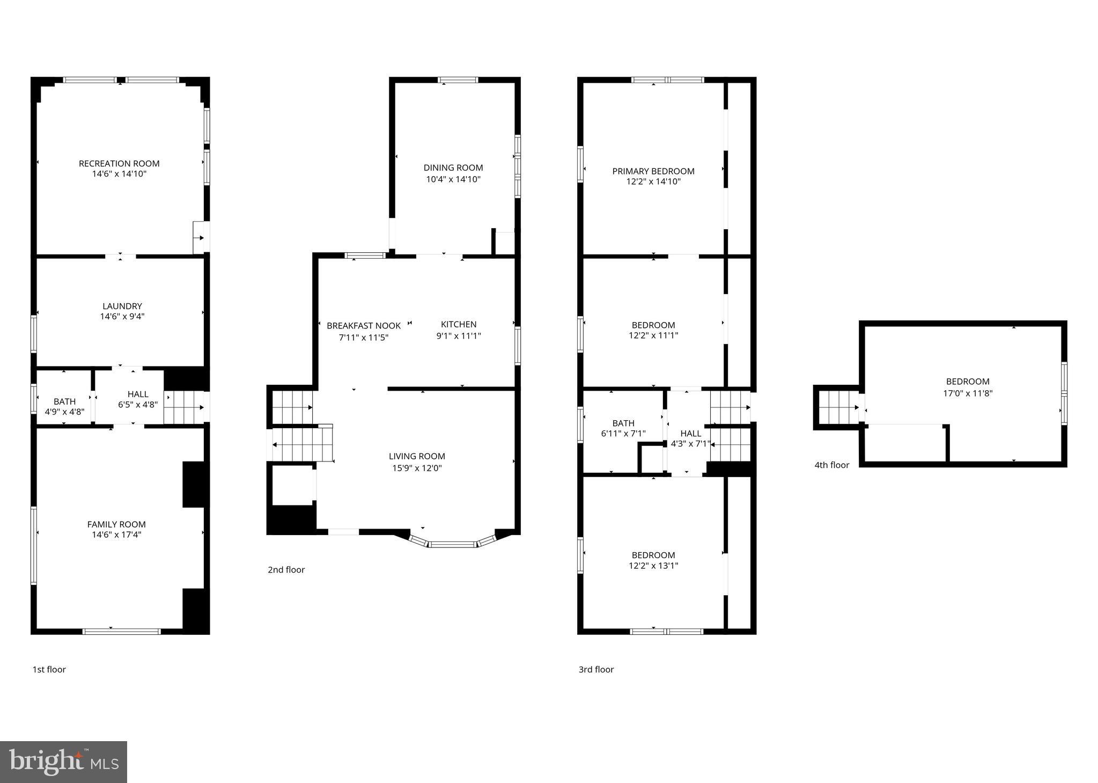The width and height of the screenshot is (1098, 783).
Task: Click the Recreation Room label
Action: point(119,164)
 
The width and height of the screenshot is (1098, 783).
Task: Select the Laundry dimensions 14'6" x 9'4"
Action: point(122,317)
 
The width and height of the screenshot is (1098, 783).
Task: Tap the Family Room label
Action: point(116,524)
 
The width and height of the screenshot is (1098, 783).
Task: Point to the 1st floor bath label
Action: point(64,401)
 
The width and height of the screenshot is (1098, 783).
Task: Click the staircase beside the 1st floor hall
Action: point(184,407)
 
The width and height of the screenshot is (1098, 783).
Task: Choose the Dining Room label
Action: point(453,168)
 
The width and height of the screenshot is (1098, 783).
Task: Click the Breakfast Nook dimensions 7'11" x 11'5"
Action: point(363,338)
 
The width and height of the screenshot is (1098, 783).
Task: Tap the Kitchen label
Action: point(459,324)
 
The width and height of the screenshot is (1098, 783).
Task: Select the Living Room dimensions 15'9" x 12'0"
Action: point(417,468)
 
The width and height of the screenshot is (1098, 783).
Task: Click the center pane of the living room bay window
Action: point(452,545)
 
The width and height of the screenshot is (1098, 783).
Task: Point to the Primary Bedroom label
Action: point(653,171)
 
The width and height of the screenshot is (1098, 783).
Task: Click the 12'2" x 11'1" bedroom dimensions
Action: point(653,335)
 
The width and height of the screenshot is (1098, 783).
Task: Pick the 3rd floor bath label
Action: point(623,423)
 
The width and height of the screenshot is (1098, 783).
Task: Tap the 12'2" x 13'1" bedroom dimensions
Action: point(653,566)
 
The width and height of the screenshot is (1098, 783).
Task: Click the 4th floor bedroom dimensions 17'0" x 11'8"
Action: point(968,393)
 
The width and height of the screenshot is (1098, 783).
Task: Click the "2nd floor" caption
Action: point(286,570)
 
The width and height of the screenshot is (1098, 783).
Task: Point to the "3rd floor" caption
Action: point(596,669)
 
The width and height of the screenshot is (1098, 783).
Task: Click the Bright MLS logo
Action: point(63,762)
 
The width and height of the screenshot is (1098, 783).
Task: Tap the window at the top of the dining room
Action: point(458,81)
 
